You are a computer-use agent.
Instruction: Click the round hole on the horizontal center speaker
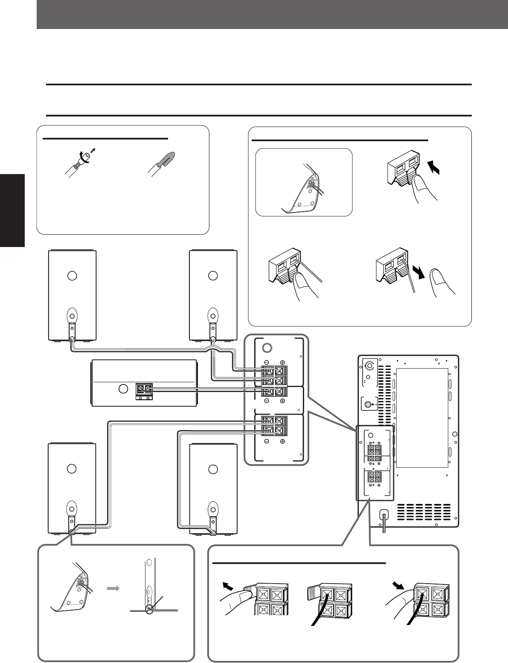point(123,389)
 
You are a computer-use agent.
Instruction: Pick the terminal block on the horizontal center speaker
point(144,391)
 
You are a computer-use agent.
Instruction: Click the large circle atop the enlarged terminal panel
point(267,348)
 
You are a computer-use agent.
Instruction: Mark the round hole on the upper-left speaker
point(72,275)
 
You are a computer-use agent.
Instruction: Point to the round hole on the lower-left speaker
point(72,468)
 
